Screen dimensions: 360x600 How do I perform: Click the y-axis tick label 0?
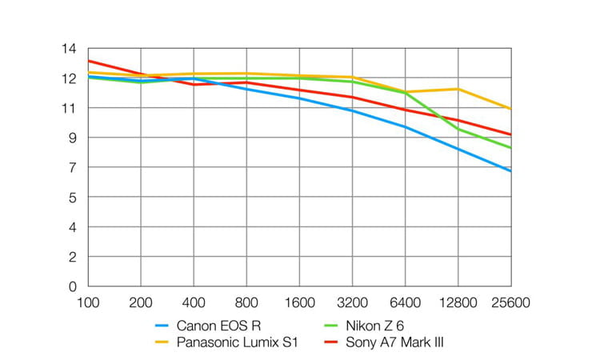pos(73,286)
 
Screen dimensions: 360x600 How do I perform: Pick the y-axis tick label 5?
pos(73,198)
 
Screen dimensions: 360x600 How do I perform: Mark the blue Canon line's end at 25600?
pos(510,171)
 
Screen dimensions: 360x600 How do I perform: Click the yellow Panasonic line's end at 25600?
pos(510,109)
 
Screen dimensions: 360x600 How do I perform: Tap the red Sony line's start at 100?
pos(88,61)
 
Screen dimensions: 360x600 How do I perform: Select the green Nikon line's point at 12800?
pos(458,130)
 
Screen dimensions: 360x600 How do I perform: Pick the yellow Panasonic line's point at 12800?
pos(458,89)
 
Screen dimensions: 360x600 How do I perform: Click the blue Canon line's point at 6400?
pos(405,126)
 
